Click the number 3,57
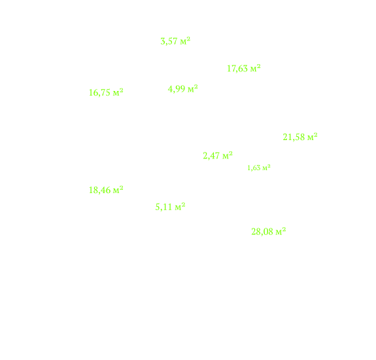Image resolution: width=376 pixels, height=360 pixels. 169,41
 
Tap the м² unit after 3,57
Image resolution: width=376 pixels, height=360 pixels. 185,41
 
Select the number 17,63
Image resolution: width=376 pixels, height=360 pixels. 237,69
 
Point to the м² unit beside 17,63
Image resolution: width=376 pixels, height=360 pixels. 256,68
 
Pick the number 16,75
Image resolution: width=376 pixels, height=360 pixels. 100,93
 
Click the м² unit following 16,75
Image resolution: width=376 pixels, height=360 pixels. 118,92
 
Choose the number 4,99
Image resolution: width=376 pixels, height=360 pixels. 177,89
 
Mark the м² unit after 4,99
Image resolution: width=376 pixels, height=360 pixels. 192,88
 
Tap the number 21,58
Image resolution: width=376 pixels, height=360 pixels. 294,137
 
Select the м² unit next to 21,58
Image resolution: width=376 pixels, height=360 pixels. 313,137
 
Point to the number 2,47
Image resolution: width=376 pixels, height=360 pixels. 211,156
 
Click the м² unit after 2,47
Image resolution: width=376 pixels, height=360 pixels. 228,155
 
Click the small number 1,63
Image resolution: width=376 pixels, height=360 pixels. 254,168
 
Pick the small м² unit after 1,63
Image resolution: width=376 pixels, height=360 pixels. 266,168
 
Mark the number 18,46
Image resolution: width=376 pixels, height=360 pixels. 100,190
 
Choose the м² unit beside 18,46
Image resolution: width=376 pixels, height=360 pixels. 118,190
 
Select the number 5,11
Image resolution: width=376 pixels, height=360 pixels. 163,207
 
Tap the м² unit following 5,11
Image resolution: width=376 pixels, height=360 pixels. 180,206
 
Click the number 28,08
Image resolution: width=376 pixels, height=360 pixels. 262,232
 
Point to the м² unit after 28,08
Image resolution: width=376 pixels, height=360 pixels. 281,231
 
